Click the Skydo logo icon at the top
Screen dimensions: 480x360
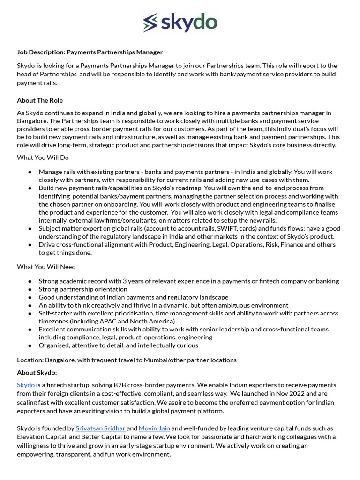151,22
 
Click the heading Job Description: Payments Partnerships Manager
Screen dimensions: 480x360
90,52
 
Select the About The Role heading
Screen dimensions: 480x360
40,100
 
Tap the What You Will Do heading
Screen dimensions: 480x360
43,157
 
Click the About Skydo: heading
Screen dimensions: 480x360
37,373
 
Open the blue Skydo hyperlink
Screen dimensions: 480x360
26,385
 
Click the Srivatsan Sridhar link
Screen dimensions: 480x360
100,428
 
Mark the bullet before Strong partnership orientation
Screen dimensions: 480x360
30,289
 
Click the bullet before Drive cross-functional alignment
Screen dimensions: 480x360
30,245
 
